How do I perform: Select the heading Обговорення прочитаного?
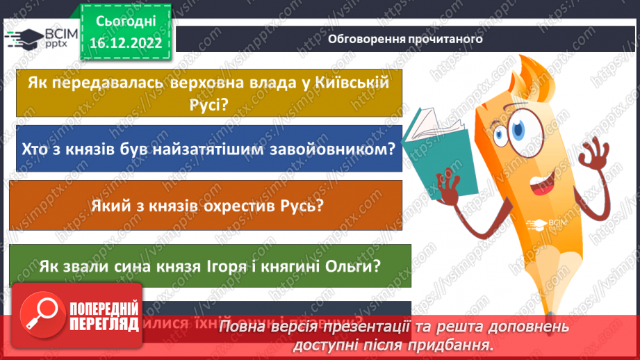(x=404, y=39)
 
